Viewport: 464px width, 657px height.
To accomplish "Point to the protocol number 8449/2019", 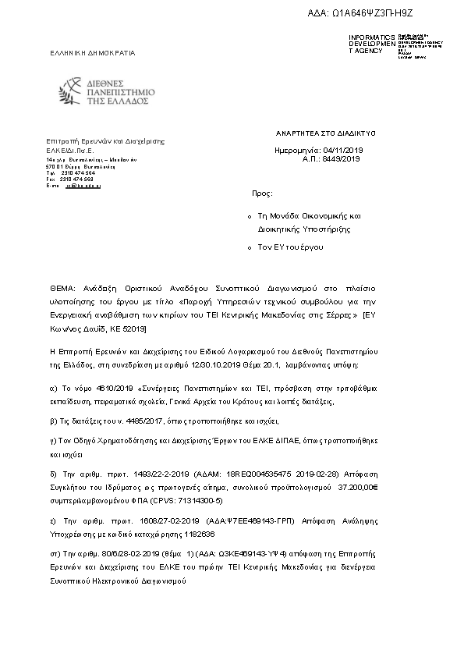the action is [x=342, y=158].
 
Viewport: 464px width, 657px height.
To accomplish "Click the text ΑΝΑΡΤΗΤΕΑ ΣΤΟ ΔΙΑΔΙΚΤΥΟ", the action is [x=326, y=133].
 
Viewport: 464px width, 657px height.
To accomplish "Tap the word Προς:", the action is [x=262, y=192].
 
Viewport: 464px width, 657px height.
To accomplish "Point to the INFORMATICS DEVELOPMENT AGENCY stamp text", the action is [x=371, y=44].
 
